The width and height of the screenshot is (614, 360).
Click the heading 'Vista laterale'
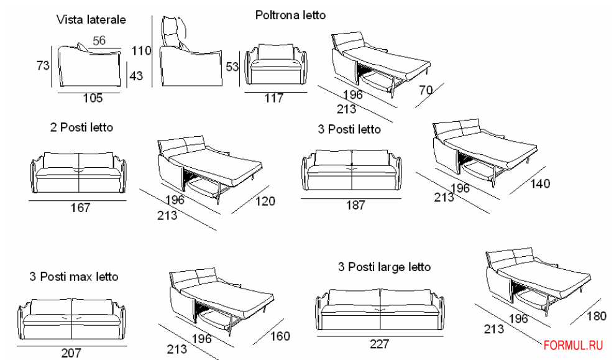[91, 19]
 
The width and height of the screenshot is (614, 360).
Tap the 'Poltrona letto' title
[290, 14]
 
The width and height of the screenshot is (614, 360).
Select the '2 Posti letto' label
[81, 127]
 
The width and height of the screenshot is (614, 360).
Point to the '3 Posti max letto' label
[74, 276]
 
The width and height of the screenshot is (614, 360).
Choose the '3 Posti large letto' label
[383, 267]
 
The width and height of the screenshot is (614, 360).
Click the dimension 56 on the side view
[99, 41]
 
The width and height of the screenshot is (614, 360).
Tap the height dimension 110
[142, 48]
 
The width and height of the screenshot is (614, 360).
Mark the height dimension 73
[43, 65]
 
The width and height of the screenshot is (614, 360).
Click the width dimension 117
[273, 98]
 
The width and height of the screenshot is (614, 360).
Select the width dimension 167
[80, 208]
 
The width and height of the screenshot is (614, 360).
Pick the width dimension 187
[355, 205]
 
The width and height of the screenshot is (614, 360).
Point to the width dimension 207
[71, 353]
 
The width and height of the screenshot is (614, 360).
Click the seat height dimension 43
[136, 75]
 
